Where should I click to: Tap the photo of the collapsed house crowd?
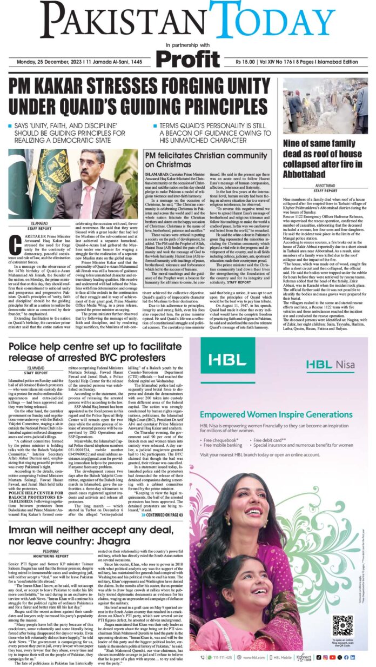325,105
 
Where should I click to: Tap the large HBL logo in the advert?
221,360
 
